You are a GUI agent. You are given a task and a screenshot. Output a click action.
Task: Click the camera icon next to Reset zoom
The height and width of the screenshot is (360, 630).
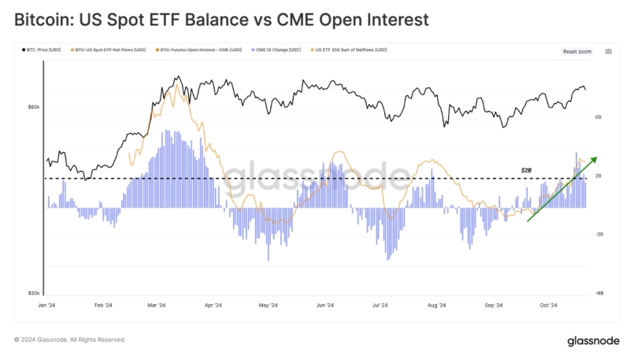click(x=608, y=51)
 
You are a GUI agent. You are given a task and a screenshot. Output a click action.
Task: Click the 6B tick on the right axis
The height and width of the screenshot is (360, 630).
click(x=598, y=117)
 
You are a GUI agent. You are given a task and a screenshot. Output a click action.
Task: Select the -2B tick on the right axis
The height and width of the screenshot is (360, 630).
click(x=598, y=234)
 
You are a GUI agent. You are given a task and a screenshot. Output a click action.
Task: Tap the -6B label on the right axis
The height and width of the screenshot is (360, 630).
click(x=598, y=292)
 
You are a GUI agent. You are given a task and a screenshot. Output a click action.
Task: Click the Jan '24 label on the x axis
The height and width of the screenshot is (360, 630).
click(x=46, y=306)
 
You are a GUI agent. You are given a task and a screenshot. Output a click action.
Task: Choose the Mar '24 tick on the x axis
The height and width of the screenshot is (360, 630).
click(x=156, y=306)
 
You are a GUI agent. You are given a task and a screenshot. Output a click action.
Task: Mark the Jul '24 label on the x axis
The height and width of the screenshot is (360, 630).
click(x=380, y=306)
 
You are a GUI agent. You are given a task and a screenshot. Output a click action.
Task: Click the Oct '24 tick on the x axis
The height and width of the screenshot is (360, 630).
click(x=549, y=306)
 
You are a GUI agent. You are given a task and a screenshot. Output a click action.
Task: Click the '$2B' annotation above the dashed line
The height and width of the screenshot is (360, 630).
click(x=527, y=170)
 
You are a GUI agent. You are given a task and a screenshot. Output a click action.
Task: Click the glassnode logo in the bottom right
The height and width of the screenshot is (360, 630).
click(x=592, y=341)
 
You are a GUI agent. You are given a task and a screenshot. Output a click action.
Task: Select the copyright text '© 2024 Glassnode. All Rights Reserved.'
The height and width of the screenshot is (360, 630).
click(x=69, y=340)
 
